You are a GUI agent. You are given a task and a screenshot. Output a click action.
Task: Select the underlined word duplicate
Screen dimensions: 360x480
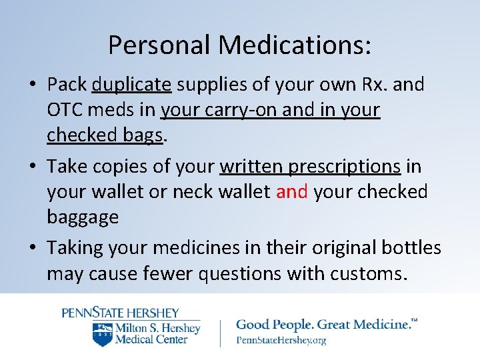click(x=132, y=85)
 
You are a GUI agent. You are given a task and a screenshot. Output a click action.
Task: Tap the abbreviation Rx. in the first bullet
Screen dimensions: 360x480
click(x=380, y=85)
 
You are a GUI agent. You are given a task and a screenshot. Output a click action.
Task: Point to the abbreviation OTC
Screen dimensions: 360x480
click(x=66, y=110)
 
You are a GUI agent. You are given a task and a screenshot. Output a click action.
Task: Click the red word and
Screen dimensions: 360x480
click(x=292, y=191)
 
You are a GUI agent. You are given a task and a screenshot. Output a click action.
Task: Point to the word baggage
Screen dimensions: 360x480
click(x=83, y=217)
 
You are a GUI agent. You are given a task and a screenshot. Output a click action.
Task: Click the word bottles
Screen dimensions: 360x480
click(x=411, y=247)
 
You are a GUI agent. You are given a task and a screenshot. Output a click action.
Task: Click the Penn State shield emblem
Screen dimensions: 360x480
click(x=102, y=334)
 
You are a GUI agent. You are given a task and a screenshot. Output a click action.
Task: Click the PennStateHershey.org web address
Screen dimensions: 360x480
click(x=281, y=340)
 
